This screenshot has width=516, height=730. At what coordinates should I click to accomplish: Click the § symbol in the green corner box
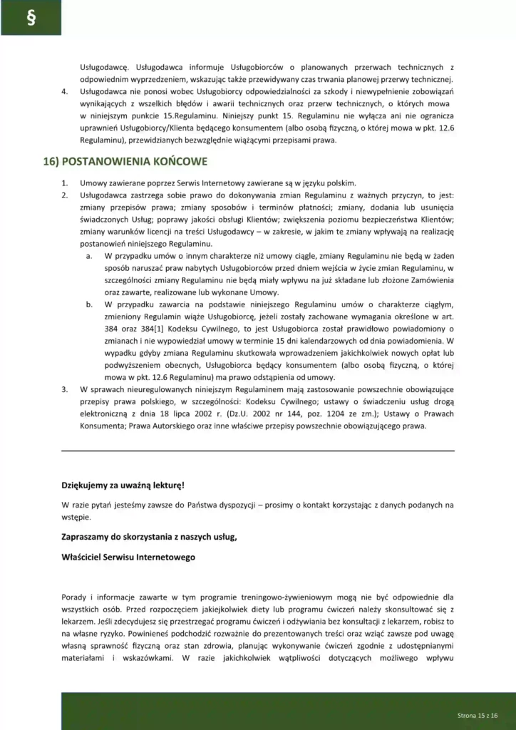tap(31, 18)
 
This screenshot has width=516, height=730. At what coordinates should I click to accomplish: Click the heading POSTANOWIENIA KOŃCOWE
tap(125, 162)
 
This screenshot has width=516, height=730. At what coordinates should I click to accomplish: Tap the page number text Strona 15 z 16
tap(477, 714)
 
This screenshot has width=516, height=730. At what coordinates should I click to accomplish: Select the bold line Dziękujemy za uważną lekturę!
tap(123, 485)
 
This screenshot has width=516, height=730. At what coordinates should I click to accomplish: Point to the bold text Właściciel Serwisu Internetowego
tap(128, 557)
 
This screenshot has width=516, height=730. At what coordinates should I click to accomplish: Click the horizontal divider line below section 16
tap(258, 451)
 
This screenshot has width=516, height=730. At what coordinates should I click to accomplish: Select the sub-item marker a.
tap(90, 256)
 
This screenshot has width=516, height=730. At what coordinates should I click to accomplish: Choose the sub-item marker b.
tap(90, 304)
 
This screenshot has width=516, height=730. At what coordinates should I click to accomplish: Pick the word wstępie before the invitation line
tap(76, 517)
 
